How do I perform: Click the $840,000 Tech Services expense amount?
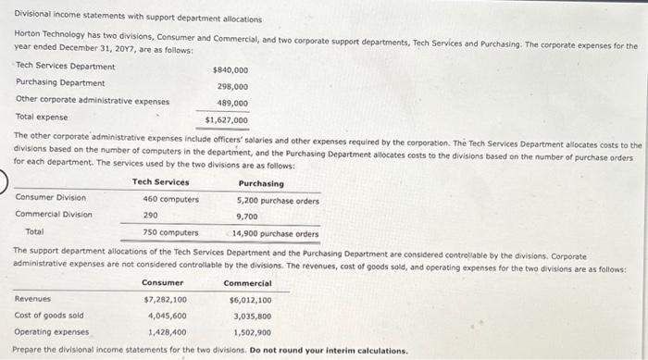[x=230, y=69]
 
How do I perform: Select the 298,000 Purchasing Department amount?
[x=231, y=86]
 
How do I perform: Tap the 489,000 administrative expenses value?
[x=231, y=103]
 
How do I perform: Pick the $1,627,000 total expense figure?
[x=227, y=119]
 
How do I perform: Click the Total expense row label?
[x=42, y=117]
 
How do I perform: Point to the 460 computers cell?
[x=170, y=198]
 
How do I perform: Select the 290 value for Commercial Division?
[x=150, y=215]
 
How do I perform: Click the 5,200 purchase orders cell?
[x=278, y=199]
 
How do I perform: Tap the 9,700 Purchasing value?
[x=247, y=216]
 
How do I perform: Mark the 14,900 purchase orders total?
[x=276, y=233]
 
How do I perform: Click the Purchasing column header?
[x=261, y=183]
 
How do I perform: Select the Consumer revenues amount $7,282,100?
[x=166, y=299]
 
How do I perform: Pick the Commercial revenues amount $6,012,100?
[x=250, y=299]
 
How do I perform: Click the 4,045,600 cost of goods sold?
[x=167, y=315]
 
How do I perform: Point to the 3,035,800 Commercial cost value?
[x=252, y=316]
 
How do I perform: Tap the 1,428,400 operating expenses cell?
[x=167, y=330]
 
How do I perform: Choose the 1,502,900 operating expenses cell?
[x=252, y=331]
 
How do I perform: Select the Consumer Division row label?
[x=51, y=198]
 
